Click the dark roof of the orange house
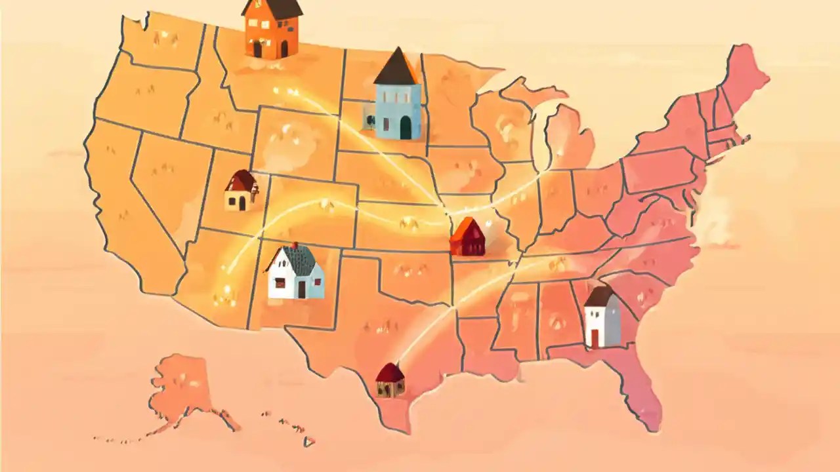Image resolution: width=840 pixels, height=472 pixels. [x=272, y=7]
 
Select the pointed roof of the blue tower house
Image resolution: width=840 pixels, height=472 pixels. [x=396, y=68]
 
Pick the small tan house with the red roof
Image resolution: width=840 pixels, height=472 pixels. [x=240, y=191]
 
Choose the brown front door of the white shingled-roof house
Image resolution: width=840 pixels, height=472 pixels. [x=301, y=289]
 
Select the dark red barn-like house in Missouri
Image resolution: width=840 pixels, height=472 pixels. [x=467, y=239]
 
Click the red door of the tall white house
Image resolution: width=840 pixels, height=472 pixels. [x=595, y=338]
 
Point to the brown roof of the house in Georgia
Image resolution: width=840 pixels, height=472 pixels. [x=600, y=296]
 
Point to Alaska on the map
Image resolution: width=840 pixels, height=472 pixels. [x=180, y=387]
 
